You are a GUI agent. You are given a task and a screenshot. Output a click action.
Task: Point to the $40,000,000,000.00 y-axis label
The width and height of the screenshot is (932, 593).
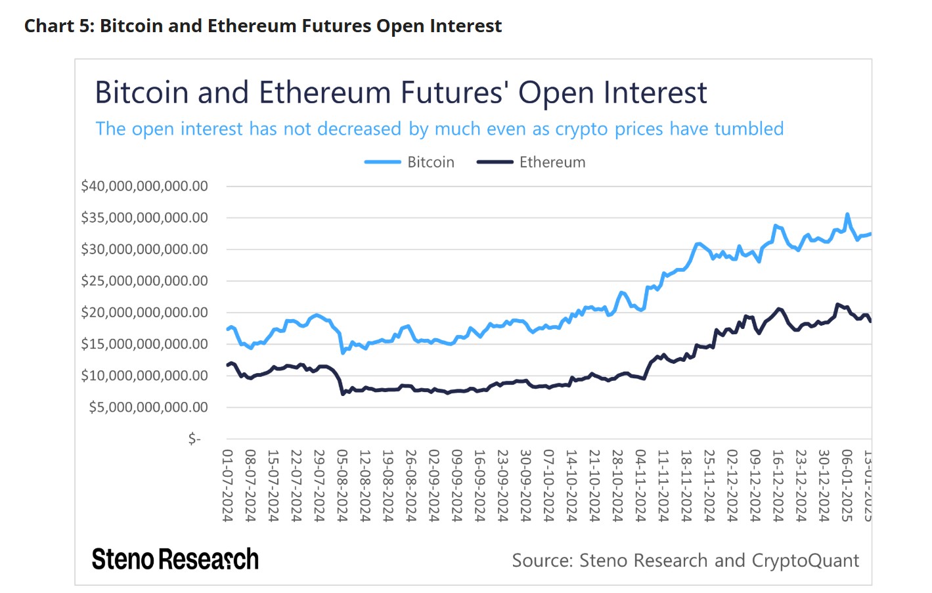tap(144, 186)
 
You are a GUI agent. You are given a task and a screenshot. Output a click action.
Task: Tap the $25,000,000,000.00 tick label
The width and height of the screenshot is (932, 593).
tap(144, 281)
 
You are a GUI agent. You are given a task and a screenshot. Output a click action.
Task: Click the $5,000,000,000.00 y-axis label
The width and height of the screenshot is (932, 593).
tap(148, 407)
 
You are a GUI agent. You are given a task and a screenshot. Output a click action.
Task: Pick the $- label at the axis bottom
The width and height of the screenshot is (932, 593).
tap(194, 438)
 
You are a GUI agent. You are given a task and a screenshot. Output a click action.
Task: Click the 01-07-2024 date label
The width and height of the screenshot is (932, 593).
tap(228, 485)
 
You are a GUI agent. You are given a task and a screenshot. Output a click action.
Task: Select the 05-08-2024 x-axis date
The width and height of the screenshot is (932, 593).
tap(342, 485)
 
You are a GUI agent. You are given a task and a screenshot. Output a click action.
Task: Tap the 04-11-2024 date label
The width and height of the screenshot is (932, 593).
tap(641, 485)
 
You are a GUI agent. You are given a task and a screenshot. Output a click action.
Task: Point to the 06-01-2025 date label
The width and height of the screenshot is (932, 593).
tap(847, 485)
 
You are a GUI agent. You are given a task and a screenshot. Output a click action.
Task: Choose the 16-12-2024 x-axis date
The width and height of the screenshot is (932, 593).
tap(778, 485)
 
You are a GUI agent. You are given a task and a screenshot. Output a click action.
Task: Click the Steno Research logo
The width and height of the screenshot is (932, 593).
tap(175, 560)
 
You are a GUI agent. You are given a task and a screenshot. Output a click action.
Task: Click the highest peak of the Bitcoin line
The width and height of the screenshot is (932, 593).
tap(847, 214)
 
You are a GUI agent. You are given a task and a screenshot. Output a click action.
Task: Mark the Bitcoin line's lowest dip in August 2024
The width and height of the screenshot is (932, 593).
tap(342, 353)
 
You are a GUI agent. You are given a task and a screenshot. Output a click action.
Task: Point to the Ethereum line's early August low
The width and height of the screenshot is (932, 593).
tap(343, 394)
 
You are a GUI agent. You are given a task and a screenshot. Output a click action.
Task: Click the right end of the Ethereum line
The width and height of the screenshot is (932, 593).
tap(870, 321)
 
